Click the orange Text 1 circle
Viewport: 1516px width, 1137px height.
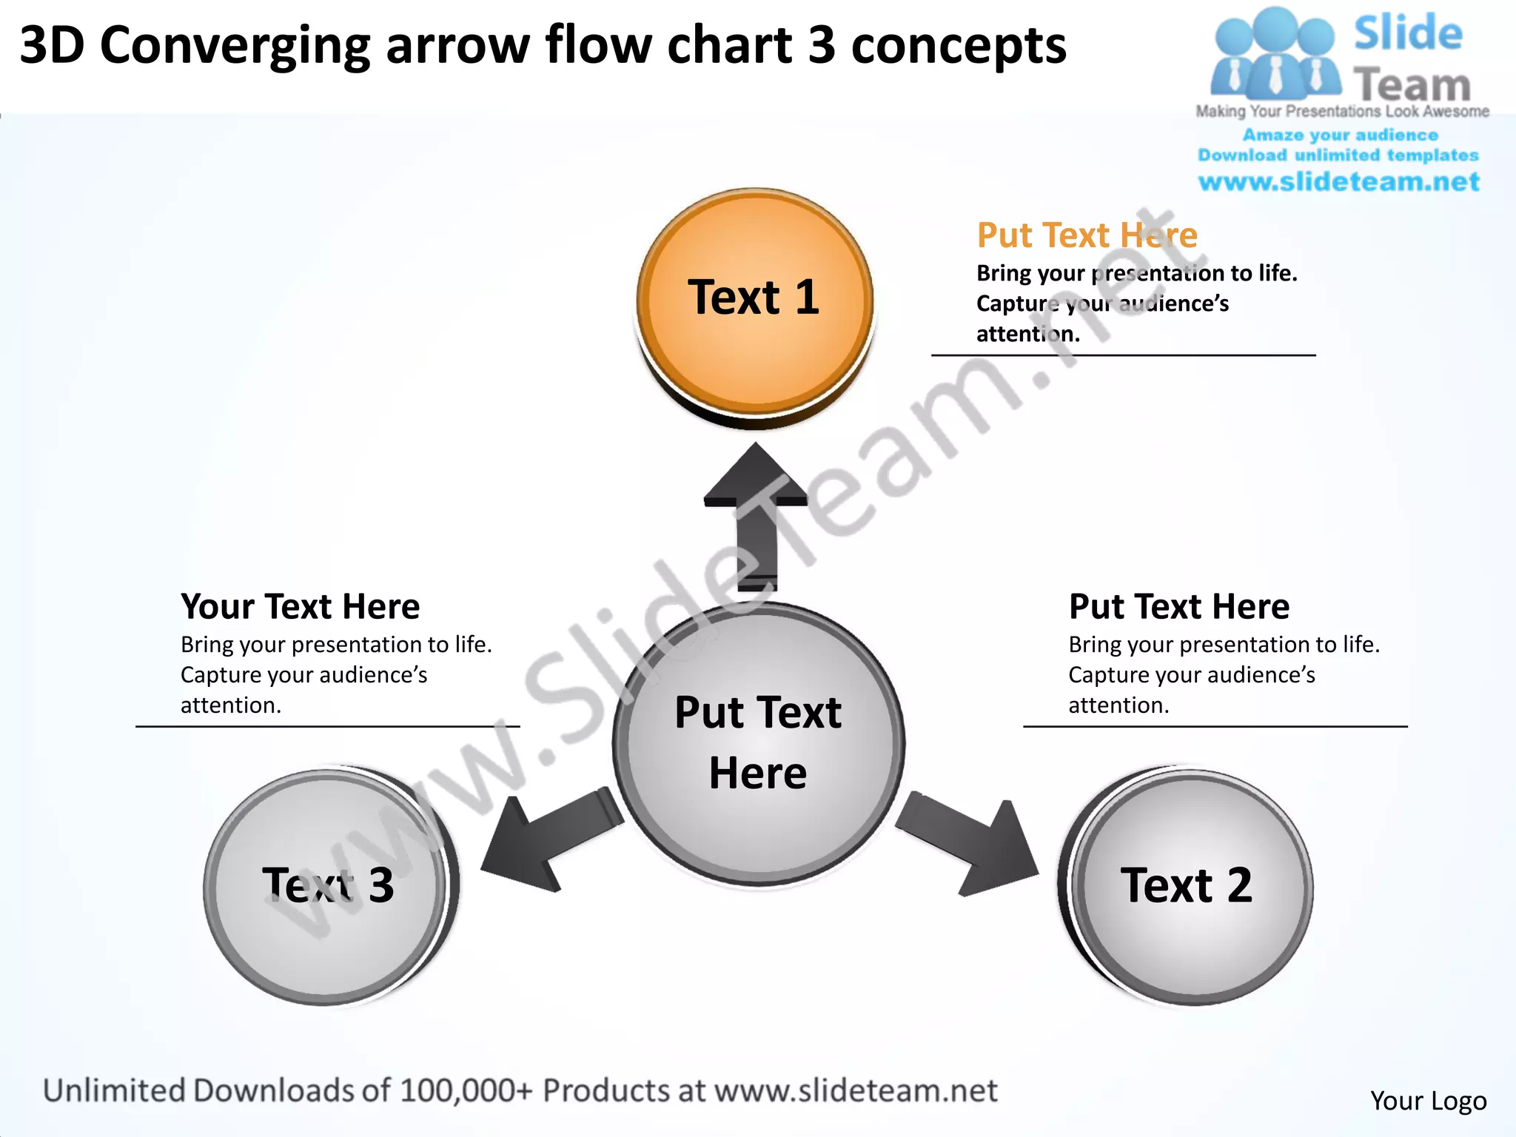[754, 303]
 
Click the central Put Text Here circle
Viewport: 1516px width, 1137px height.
[758, 743]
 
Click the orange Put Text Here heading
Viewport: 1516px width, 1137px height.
[1087, 235]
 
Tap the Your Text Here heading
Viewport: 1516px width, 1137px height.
[300, 606]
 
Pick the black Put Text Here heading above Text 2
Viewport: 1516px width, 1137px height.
[1178, 606]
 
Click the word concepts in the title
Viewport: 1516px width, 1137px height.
[959, 46]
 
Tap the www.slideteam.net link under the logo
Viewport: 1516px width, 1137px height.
[1338, 182]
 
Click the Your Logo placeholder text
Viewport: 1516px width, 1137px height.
[1428, 1101]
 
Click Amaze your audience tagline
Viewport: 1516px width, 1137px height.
[1340, 135]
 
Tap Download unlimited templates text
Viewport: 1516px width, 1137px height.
[1338, 155]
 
